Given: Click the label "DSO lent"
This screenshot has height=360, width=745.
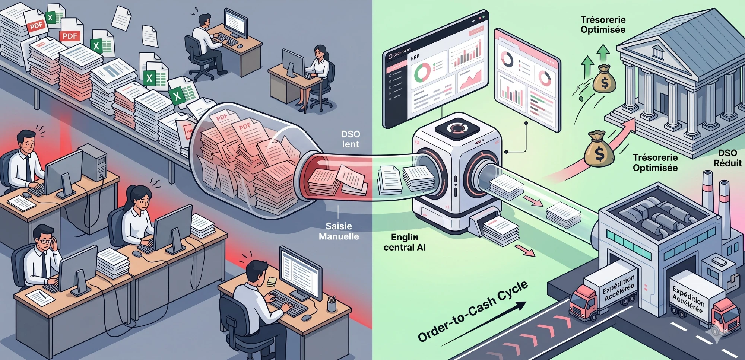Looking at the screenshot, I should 351,139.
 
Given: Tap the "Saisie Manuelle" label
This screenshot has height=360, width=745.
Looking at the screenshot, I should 339,231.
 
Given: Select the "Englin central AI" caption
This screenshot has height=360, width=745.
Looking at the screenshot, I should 405,242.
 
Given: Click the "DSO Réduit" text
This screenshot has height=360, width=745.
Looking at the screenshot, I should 727,158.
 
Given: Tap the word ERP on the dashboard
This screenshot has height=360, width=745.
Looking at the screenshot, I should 415,57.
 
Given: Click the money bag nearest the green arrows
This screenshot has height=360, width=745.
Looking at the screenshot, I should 604,79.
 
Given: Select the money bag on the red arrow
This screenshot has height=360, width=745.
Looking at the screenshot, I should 599,149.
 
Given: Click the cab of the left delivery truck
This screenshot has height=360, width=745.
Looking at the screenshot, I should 583,303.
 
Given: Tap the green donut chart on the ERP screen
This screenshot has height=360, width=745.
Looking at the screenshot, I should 422,73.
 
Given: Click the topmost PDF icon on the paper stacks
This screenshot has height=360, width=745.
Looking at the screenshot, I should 37,25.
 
